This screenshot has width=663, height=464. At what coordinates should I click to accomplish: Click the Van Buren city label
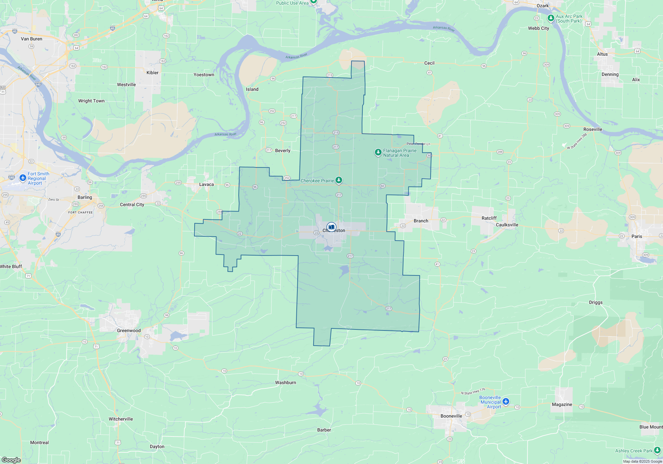pyautogui.click(x=31, y=39)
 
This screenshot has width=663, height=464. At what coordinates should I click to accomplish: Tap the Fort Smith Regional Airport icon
pyautogui.click(x=23, y=178)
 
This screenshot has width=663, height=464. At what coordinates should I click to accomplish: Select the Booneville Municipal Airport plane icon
pyautogui.click(x=506, y=402)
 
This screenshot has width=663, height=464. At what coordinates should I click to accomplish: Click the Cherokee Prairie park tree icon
pyautogui.click(x=338, y=180)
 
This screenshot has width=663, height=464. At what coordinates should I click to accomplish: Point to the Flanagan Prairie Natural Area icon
pyautogui.click(x=378, y=152)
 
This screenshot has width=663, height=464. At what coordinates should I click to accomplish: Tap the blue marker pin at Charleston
pyautogui.click(x=331, y=227)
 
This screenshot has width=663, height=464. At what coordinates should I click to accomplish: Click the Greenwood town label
pyautogui.click(x=129, y=330)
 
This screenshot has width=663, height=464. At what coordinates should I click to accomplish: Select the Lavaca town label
pyautogui.click(x=206, y=184)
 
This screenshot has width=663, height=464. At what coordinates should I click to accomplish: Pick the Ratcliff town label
pyautogui.click(x=489, y=218)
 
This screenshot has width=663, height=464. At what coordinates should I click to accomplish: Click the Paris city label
pyautogui.click(x=636, y=236)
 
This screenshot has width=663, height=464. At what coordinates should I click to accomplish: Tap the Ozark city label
pyautogui.click(x=543, y=6)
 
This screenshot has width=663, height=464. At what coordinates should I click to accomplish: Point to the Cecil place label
pyautogui.click(x=429, y=63)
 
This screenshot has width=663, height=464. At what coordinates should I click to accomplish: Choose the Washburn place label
pyautogui.click(x=285, y=382)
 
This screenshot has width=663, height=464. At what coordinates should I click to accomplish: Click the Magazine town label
pyautogui.click(x=562, y=404)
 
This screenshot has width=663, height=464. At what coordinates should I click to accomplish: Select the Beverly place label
pyautogui.click(x=282, y=150)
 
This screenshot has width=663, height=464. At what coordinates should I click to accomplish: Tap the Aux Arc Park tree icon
pyautogui.click(x=551, y=18)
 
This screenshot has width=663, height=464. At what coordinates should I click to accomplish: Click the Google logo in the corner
pyautogui.click(x=11, y=460)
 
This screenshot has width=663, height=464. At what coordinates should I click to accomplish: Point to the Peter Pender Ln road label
pyautogui.click(x=418, y=144)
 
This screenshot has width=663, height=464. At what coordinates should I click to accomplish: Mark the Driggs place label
pyautogui.click(x=596, y=302)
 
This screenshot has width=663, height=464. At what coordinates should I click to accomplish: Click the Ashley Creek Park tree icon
pyautogui.click(x=657, y=451)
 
